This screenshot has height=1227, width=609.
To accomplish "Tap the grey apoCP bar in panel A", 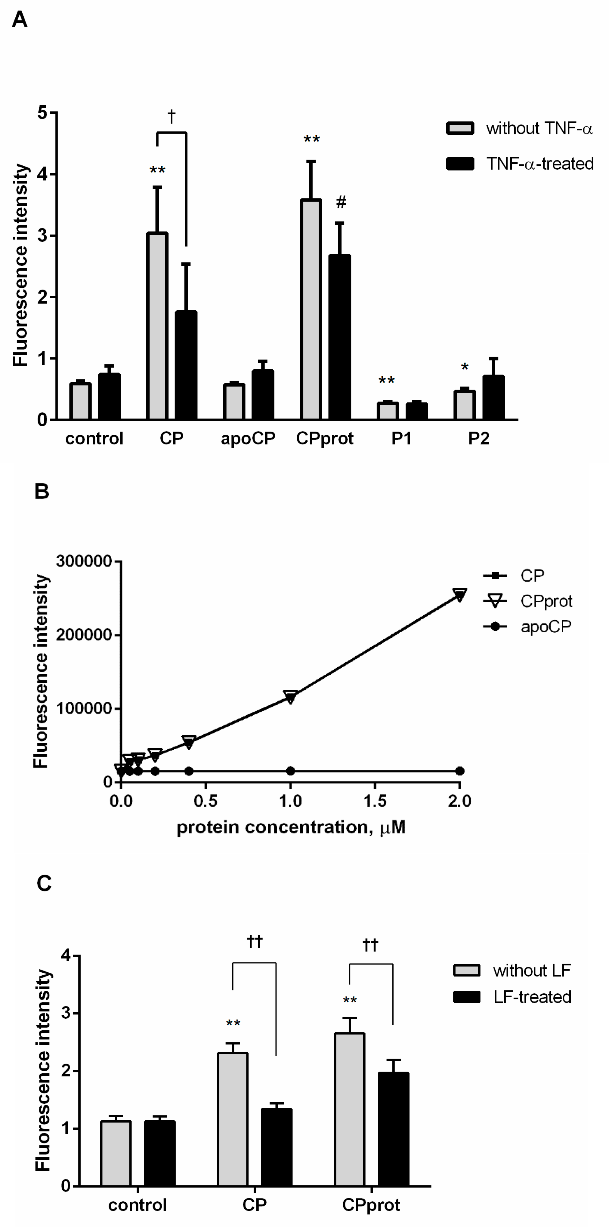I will (234, 402).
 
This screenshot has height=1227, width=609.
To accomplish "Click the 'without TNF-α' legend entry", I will (519, 129).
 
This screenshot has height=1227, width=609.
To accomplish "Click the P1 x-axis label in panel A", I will (401, 438).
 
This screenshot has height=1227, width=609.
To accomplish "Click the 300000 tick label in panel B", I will (84, 561).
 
